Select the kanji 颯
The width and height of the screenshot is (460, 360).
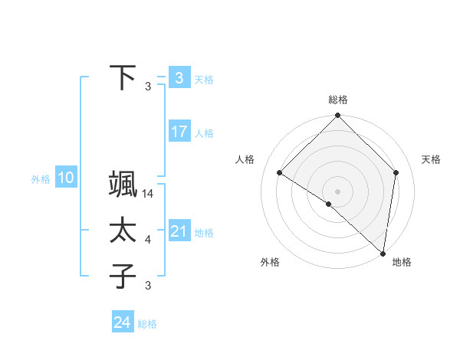[x=123, y=185]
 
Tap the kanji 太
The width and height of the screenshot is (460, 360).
[x=123, y=231]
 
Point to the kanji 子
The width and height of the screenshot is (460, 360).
[x=123, y=276]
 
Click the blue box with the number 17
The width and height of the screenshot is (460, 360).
[x=179, y=132]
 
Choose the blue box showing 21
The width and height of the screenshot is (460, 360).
[x=179, y=231]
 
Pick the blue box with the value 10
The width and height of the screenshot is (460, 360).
[x=66, y=178]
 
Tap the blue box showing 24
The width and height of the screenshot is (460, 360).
[x=123, y=322]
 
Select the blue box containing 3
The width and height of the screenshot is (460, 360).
[x=179, y=78]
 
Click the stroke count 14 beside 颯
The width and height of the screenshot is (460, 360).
[x=149, y=195]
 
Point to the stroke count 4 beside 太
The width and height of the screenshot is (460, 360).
[x=148, y=240]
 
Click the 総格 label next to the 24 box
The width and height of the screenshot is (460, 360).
[x=147, y=324]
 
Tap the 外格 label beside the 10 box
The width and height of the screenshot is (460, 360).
[x=41, y=180]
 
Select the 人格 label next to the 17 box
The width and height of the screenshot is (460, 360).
[x=204, y=133]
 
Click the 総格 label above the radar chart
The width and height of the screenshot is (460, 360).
[x=337, y=100]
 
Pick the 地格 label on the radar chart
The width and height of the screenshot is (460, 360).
[x=402, y=262]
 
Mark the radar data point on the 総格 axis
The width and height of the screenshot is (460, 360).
[x=337, y=116]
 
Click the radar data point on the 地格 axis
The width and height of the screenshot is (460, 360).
[x=383, y=254]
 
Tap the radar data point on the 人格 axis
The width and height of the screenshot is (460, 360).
[x=280, y=172]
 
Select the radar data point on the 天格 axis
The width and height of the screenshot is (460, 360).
[x=396, y=172]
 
